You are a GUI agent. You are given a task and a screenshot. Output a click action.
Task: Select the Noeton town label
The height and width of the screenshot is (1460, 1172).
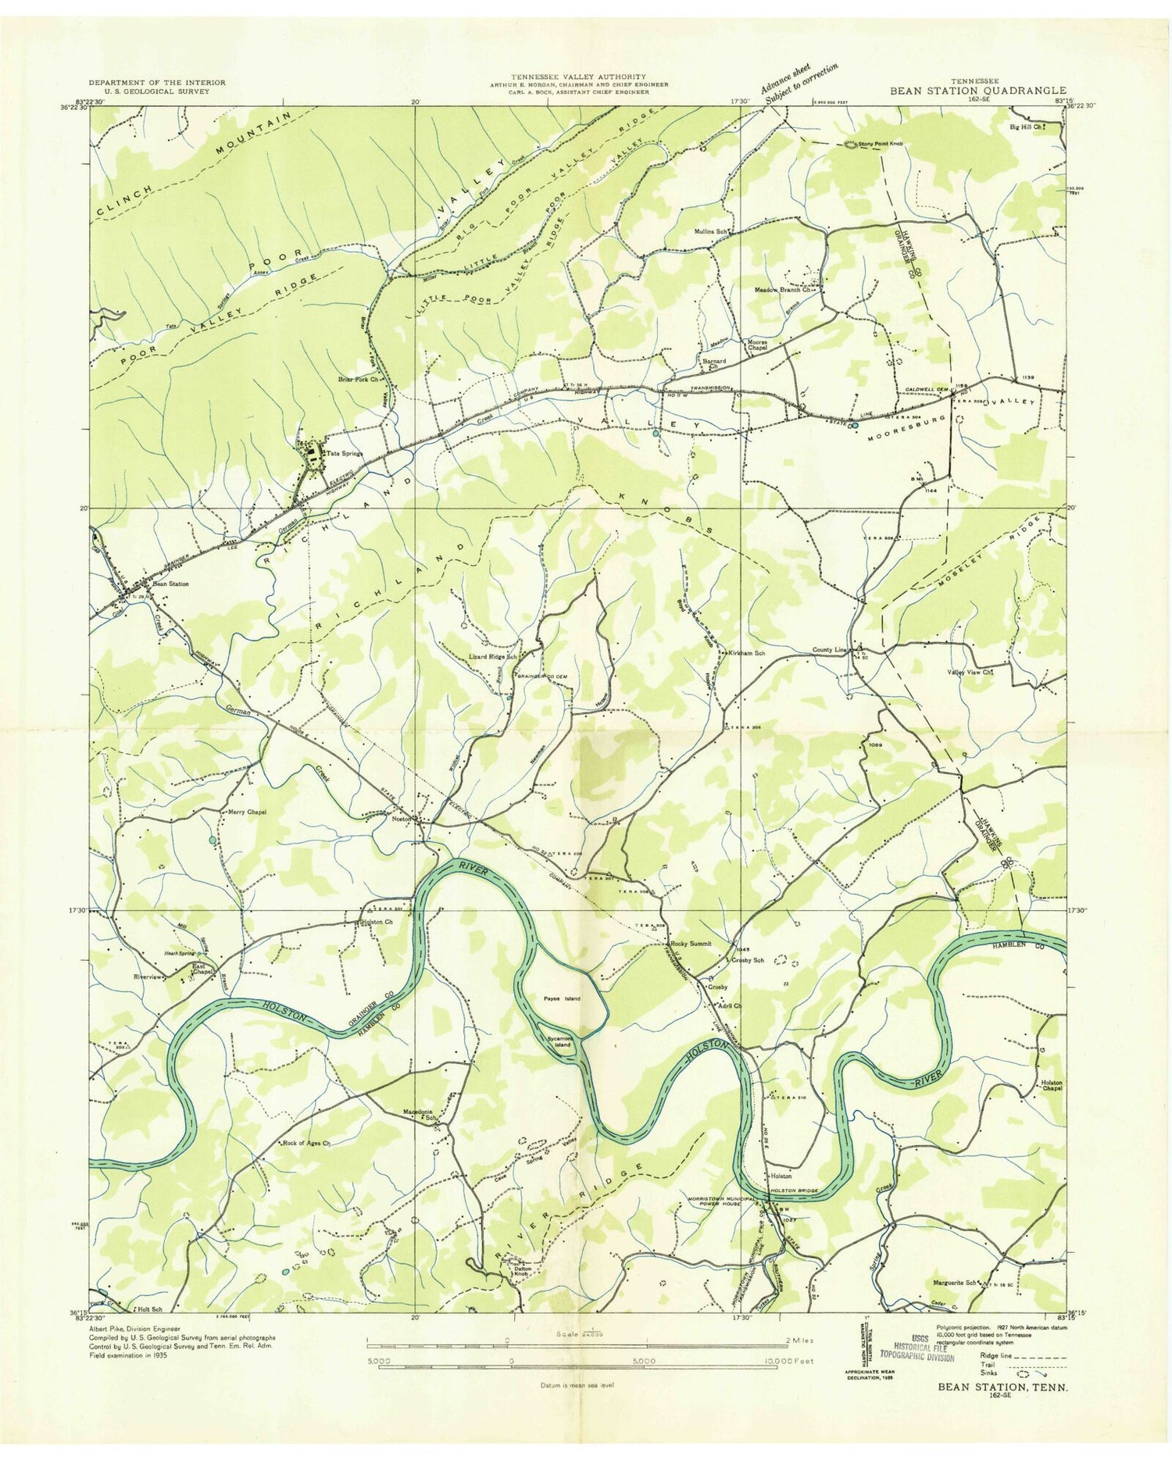pyautogui.click(x=402, y=819)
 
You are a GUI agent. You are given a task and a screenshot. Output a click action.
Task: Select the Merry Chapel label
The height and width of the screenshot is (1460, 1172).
pyautogui.click(x=247, y=812)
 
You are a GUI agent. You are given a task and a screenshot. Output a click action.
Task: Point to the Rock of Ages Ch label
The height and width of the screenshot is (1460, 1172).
pyautogui.click(x=306, y=1144)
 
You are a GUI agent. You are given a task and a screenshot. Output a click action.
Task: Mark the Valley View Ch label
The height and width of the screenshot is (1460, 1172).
pyautogui.click(x=970, y=671)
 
